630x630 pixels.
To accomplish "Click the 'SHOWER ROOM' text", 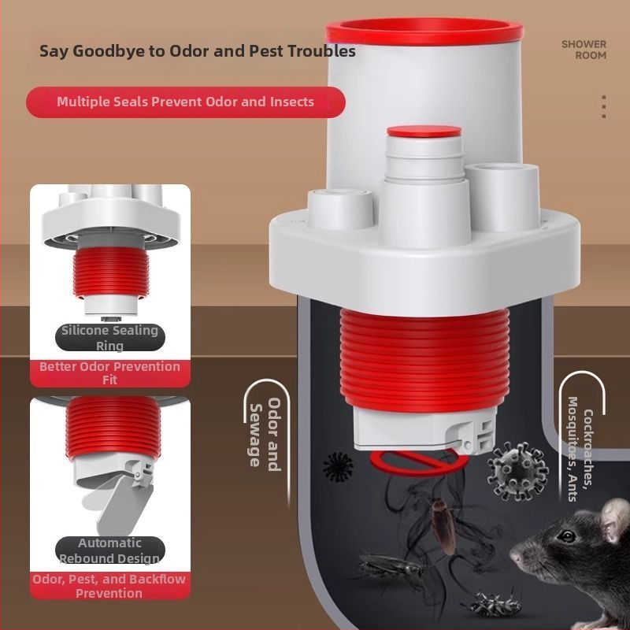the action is coord(584,50).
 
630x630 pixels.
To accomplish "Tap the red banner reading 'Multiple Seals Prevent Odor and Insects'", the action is coord(186,102).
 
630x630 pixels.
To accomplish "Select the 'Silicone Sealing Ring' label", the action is coord(109,338).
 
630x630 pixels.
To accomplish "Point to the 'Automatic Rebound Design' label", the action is coord(109,550).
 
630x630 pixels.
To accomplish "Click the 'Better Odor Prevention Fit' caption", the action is coord(109,372).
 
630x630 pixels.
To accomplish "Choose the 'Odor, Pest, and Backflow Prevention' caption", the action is coord(109,586).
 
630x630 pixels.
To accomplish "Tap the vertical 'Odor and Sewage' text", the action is coord(265,435).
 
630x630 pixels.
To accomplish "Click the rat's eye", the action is coord(567,536).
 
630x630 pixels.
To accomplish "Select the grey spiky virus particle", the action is coord(517,471).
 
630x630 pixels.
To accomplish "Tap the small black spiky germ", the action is coord(339,467).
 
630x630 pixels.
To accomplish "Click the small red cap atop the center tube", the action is coord(424,132).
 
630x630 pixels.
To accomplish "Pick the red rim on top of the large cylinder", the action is coord(424,31).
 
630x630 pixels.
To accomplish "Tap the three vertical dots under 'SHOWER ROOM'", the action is coord(603,106).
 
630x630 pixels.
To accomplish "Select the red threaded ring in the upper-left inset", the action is coord(111,272).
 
